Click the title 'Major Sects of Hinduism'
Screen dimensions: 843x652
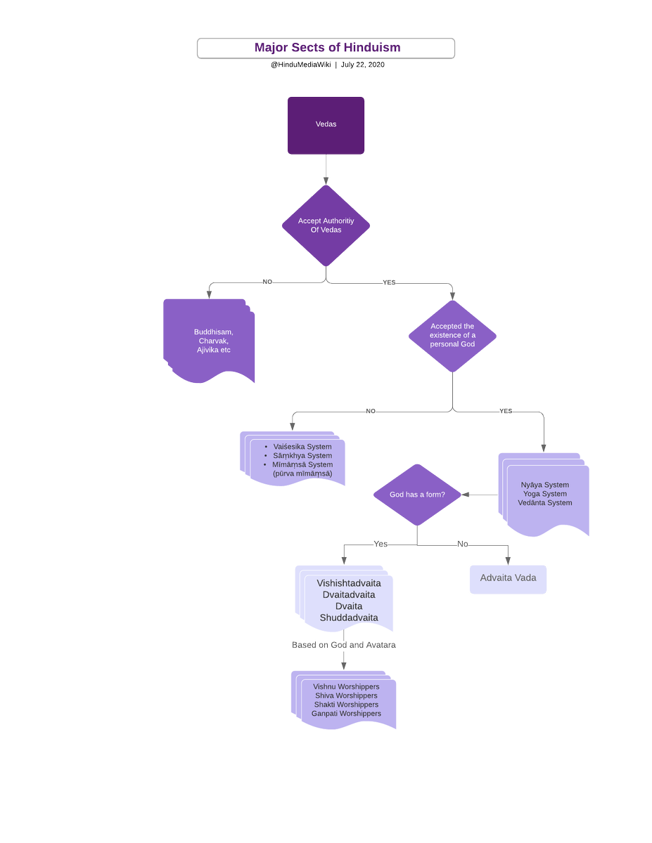(327, 48)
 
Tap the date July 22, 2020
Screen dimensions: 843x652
(362, 65)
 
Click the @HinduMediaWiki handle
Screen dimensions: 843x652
(300, 65)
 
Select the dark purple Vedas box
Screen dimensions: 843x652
(326, 125)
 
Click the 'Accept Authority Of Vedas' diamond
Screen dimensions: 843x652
(326, 226)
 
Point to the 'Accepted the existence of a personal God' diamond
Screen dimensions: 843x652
(452, 336)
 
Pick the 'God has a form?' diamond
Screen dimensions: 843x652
(417, 495)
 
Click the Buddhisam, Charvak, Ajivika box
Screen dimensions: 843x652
(211, 341)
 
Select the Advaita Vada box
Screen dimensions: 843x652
(508, 579)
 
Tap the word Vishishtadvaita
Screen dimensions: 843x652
(349, 583)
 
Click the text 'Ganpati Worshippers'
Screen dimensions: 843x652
(346, 714)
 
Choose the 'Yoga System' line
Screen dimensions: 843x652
(544, 494)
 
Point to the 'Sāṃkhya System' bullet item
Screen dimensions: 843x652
(302, 456)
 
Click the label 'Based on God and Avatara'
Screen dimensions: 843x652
(343, 645)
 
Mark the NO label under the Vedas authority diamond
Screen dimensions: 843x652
(267, 282)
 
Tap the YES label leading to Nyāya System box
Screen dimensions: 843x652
(506, 411)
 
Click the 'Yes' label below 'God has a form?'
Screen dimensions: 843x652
(381, 544)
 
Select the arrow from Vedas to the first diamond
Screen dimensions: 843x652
(326, 170)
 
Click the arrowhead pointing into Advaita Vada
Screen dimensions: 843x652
(508, 560)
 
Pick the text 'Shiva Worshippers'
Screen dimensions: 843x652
(346, 695)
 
